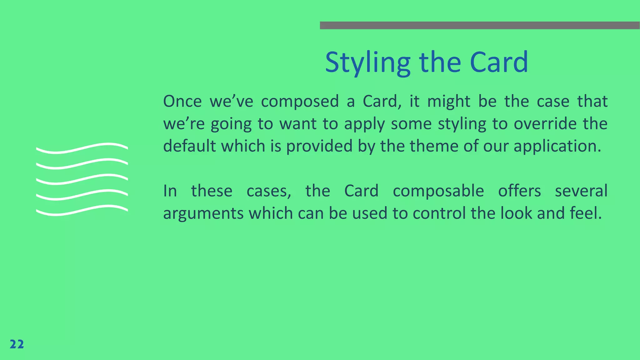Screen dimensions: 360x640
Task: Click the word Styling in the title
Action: coord(367,62)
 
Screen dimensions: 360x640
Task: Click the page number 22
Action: coord(17,344)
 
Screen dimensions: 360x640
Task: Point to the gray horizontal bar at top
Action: coord(480,25)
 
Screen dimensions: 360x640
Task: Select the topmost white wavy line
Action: coord(82,148)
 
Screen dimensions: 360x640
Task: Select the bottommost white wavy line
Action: coord(82,210)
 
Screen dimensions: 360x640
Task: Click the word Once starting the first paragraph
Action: coord(182,101)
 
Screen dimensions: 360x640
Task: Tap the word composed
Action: coord(300,102)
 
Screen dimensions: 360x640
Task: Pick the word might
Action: coord(448,102)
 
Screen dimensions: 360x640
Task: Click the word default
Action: coord(189,146)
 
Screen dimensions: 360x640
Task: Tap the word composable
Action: coord(438,191)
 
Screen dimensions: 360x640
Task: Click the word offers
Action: coord(519,191)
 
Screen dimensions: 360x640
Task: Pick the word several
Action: coord(581,191)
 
